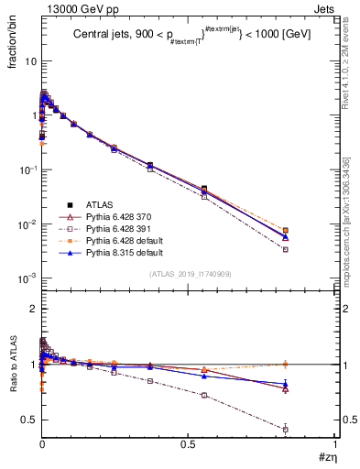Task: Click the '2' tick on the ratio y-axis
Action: click(x=33, y=309)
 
